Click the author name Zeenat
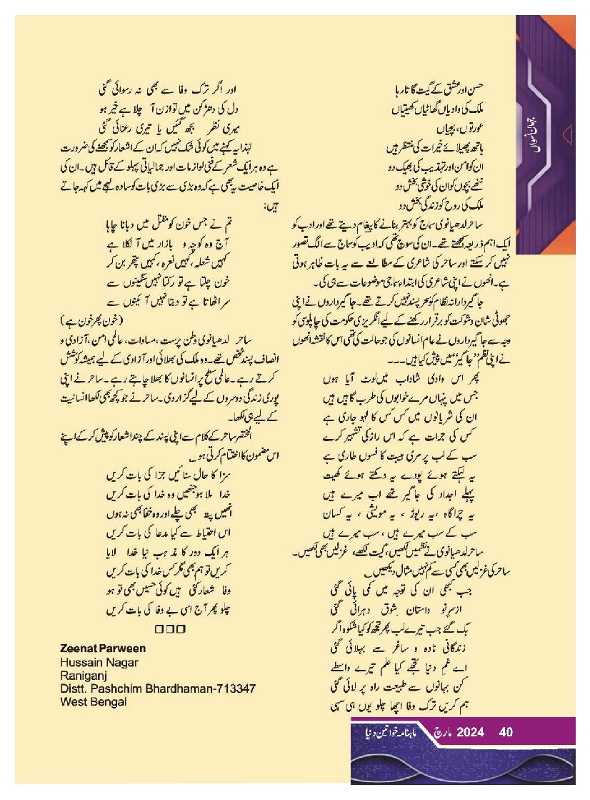[x=74, y=648]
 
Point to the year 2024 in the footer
[x=471, y=732]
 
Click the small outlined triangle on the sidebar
[x=567, y=131]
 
